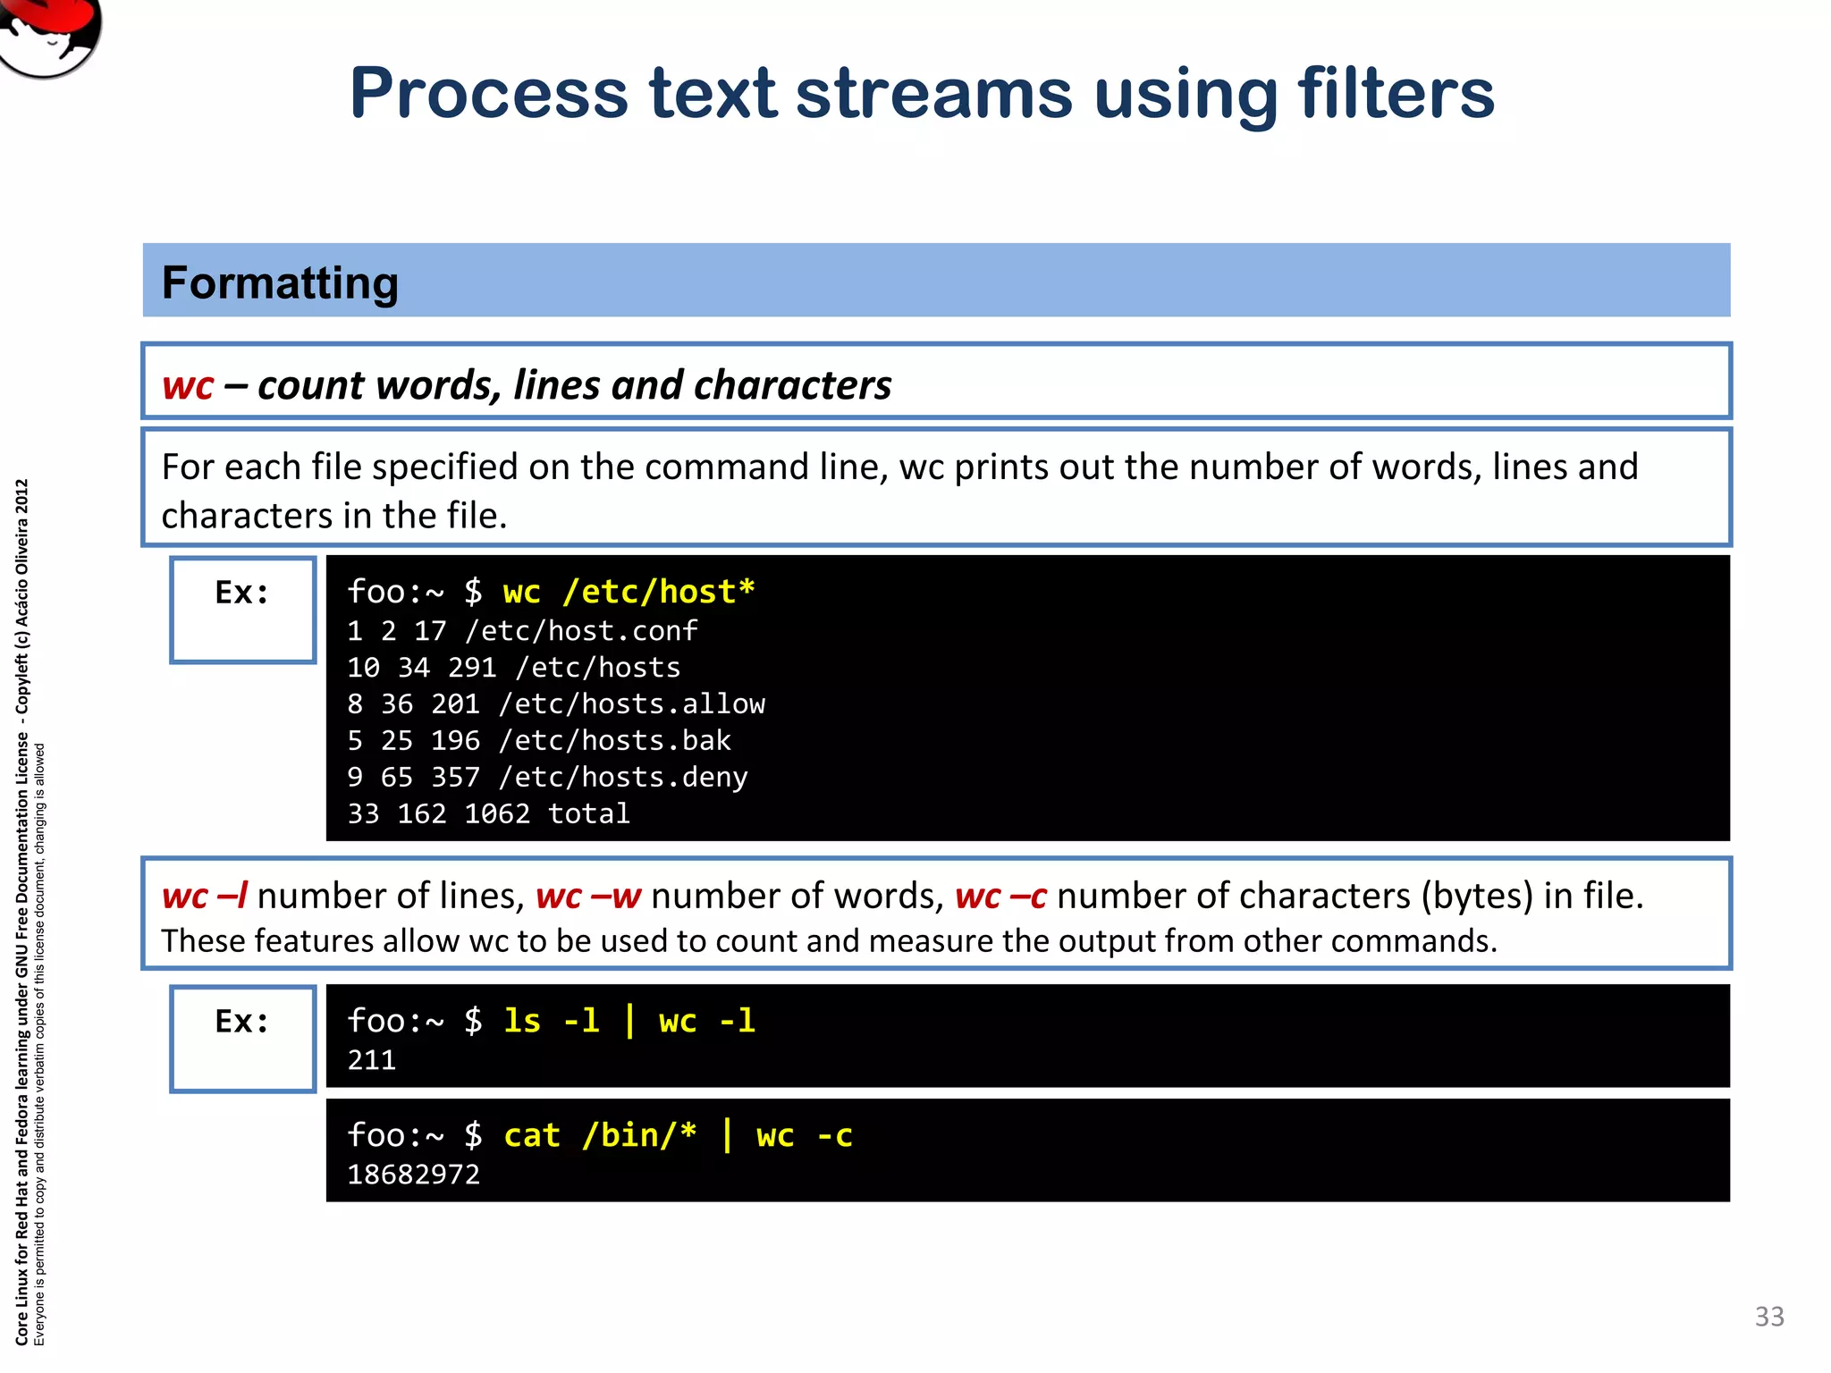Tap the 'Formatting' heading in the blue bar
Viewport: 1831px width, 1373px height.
click(280, 282)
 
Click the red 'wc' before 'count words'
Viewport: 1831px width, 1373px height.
click(188, 385)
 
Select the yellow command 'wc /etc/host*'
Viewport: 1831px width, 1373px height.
click(629, 592)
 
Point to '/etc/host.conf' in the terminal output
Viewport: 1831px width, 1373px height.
click(580, 631)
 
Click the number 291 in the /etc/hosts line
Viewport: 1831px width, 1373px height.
click(472, 668)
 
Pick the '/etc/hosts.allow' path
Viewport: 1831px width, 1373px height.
click(631, 704)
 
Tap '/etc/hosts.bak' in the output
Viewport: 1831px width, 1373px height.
click(614, 741)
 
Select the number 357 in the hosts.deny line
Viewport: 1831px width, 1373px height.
click(455, 778)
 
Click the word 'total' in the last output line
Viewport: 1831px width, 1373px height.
click(588, 814)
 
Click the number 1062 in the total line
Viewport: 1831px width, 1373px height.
click(497, 814)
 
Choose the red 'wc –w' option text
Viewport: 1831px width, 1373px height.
click(588, 896)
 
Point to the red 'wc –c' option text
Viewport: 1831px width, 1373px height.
click(1000, 896)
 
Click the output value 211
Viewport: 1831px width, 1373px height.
click(371, 1061)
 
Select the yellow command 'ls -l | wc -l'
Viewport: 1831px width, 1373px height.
click(629, 1021)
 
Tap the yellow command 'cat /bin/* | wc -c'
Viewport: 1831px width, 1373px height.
click(678, 1135)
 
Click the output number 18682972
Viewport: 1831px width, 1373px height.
click(413, 1175)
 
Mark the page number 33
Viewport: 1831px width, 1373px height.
click(1769, 1317)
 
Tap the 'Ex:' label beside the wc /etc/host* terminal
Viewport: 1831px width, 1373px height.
click(242, 593)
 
